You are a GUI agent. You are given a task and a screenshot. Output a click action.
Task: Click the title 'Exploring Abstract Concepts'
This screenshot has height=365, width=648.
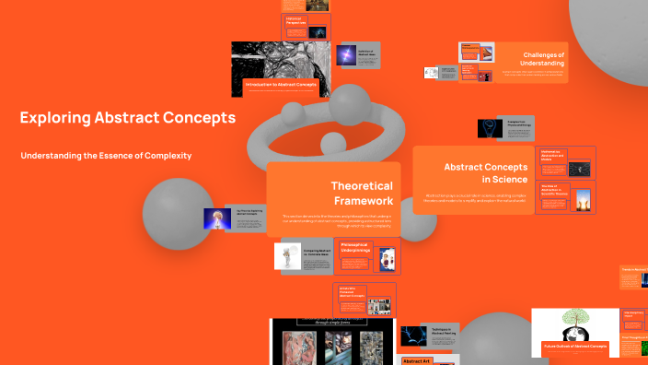coord(127,118)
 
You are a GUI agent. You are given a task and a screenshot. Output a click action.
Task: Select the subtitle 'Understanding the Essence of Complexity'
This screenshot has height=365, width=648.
coord(106,156)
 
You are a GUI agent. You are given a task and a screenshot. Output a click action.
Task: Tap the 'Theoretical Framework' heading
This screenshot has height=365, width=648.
coord(362,193)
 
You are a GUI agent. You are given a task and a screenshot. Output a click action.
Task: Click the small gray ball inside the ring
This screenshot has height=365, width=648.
coord(331,143)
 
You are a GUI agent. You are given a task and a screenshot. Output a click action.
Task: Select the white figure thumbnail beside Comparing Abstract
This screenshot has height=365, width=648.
coord(288,256)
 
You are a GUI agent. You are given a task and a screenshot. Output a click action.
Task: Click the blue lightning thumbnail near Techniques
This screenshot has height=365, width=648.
coord(413,336)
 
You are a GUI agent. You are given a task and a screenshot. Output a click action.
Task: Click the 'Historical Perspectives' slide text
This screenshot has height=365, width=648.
coord(295,20)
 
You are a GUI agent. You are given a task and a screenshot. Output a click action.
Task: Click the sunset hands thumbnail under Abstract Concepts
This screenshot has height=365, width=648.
coord(581,197)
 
